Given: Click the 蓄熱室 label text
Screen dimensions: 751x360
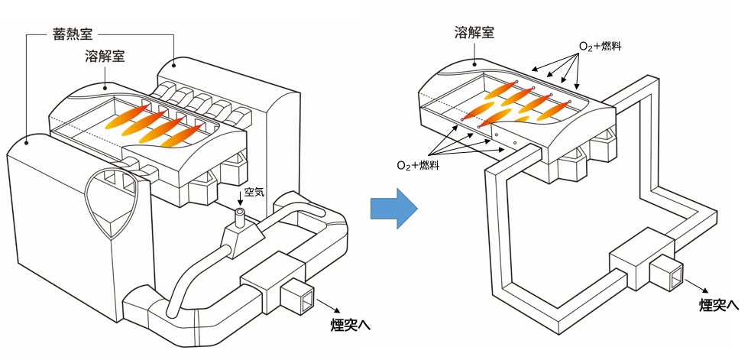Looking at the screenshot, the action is tap(72, 34).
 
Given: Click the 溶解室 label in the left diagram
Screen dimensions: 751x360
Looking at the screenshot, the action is tap(105, 57).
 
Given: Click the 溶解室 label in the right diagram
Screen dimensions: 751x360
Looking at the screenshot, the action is tap(474, 32).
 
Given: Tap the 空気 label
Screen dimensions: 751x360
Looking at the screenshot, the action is tap(254, 193).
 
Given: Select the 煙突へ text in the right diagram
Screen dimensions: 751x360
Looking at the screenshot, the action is tap(719, 306).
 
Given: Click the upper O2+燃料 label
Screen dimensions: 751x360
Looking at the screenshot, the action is tap(600, 47).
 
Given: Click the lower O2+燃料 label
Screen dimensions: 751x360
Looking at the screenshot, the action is tap(418, 165).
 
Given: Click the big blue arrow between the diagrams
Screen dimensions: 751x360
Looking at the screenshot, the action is tap(394, 209).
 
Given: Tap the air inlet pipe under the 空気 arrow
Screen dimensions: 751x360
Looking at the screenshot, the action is tap(239, 218).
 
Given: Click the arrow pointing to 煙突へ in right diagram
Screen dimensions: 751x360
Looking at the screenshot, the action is tap(696, 286).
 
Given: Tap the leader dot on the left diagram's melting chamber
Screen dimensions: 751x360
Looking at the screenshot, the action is tap(105, 88).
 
